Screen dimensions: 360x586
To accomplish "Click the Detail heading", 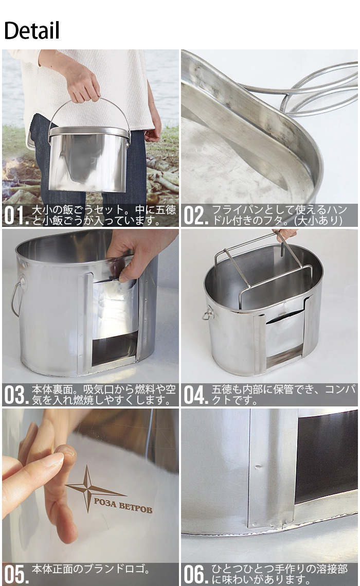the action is (32, 31).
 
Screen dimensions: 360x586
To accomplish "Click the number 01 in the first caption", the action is (16, 216).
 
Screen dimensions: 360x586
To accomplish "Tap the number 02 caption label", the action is (195, 216).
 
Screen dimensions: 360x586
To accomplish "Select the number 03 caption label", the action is (16, 395).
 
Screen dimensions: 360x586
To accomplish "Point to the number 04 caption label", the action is (195, 395).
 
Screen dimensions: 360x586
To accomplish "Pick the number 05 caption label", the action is (16, 574).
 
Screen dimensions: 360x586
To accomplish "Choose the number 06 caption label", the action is (195, 574).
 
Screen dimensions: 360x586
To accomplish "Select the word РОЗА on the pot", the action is (105, 503).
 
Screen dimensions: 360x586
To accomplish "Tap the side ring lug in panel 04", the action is (208, 314).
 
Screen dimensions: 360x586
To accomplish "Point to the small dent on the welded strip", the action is (258, 467).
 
